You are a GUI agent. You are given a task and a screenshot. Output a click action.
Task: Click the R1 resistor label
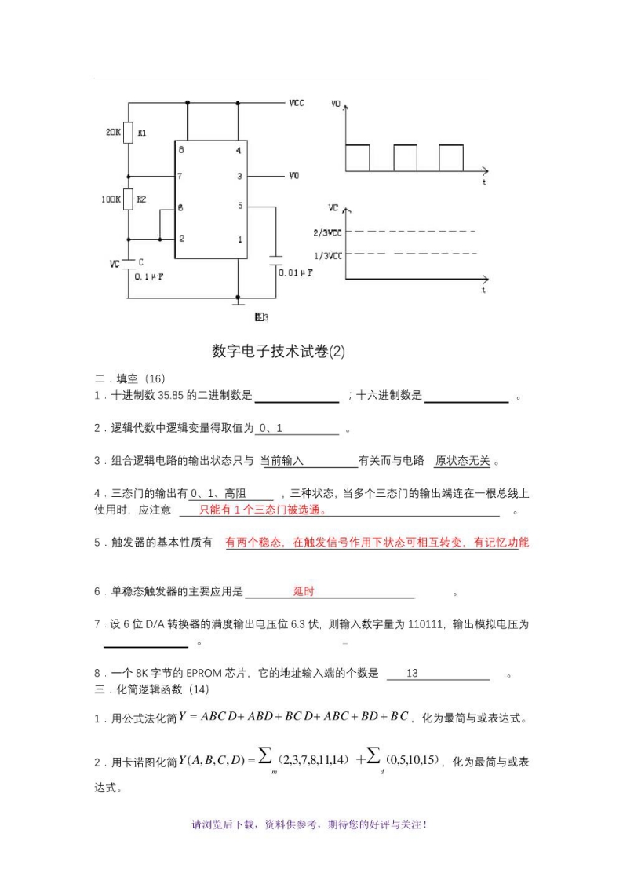click(x=142, y=133)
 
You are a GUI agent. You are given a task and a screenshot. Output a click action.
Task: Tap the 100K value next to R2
click(x=110, y=199)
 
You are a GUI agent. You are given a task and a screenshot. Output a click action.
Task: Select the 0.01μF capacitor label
click(x=297, y=272)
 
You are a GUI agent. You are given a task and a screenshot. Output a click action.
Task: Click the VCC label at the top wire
click(x=297, y=103)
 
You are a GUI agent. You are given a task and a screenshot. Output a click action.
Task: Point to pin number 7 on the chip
click(x=180, y=176)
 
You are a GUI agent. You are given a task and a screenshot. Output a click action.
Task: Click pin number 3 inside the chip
click(x=239, y=176)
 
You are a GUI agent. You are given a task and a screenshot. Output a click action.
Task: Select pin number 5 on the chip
click(x=239, y=206)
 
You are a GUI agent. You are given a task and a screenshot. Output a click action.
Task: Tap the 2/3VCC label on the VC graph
click(x=326, y=232)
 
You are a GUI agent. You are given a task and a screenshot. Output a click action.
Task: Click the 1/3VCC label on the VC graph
click(x=326, y=255)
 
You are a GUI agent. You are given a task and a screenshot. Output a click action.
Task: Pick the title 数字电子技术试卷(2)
click(x=279, y=351)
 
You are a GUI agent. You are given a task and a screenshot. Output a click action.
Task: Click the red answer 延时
click(x=304, y=591)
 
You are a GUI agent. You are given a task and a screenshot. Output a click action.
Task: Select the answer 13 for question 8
click(x=412, y=673)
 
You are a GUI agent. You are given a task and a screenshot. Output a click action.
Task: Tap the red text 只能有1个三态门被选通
click(x=262, y=510)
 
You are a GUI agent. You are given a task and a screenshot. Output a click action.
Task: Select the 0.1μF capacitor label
click(x=148, y=277)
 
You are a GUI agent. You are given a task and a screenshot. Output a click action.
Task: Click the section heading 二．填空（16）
click(x=130, y=378)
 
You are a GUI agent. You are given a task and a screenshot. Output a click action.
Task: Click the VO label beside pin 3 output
click(x=293, y=176)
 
